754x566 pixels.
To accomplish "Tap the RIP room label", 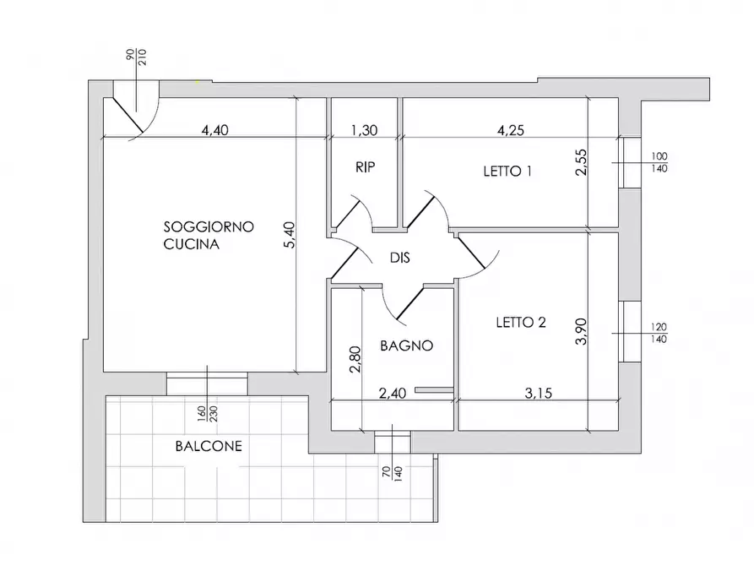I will pos(365,167).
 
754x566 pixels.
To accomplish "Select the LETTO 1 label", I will pos(507,171).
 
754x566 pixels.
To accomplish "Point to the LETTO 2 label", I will pos(521,322).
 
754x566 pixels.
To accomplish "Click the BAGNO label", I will pos(406,346).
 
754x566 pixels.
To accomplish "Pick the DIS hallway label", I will pos(400,259).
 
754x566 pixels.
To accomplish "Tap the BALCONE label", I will pos(208,446).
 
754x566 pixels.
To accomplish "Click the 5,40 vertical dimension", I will pos(289,234).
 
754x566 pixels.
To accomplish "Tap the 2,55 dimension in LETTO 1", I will pos(581,161).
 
